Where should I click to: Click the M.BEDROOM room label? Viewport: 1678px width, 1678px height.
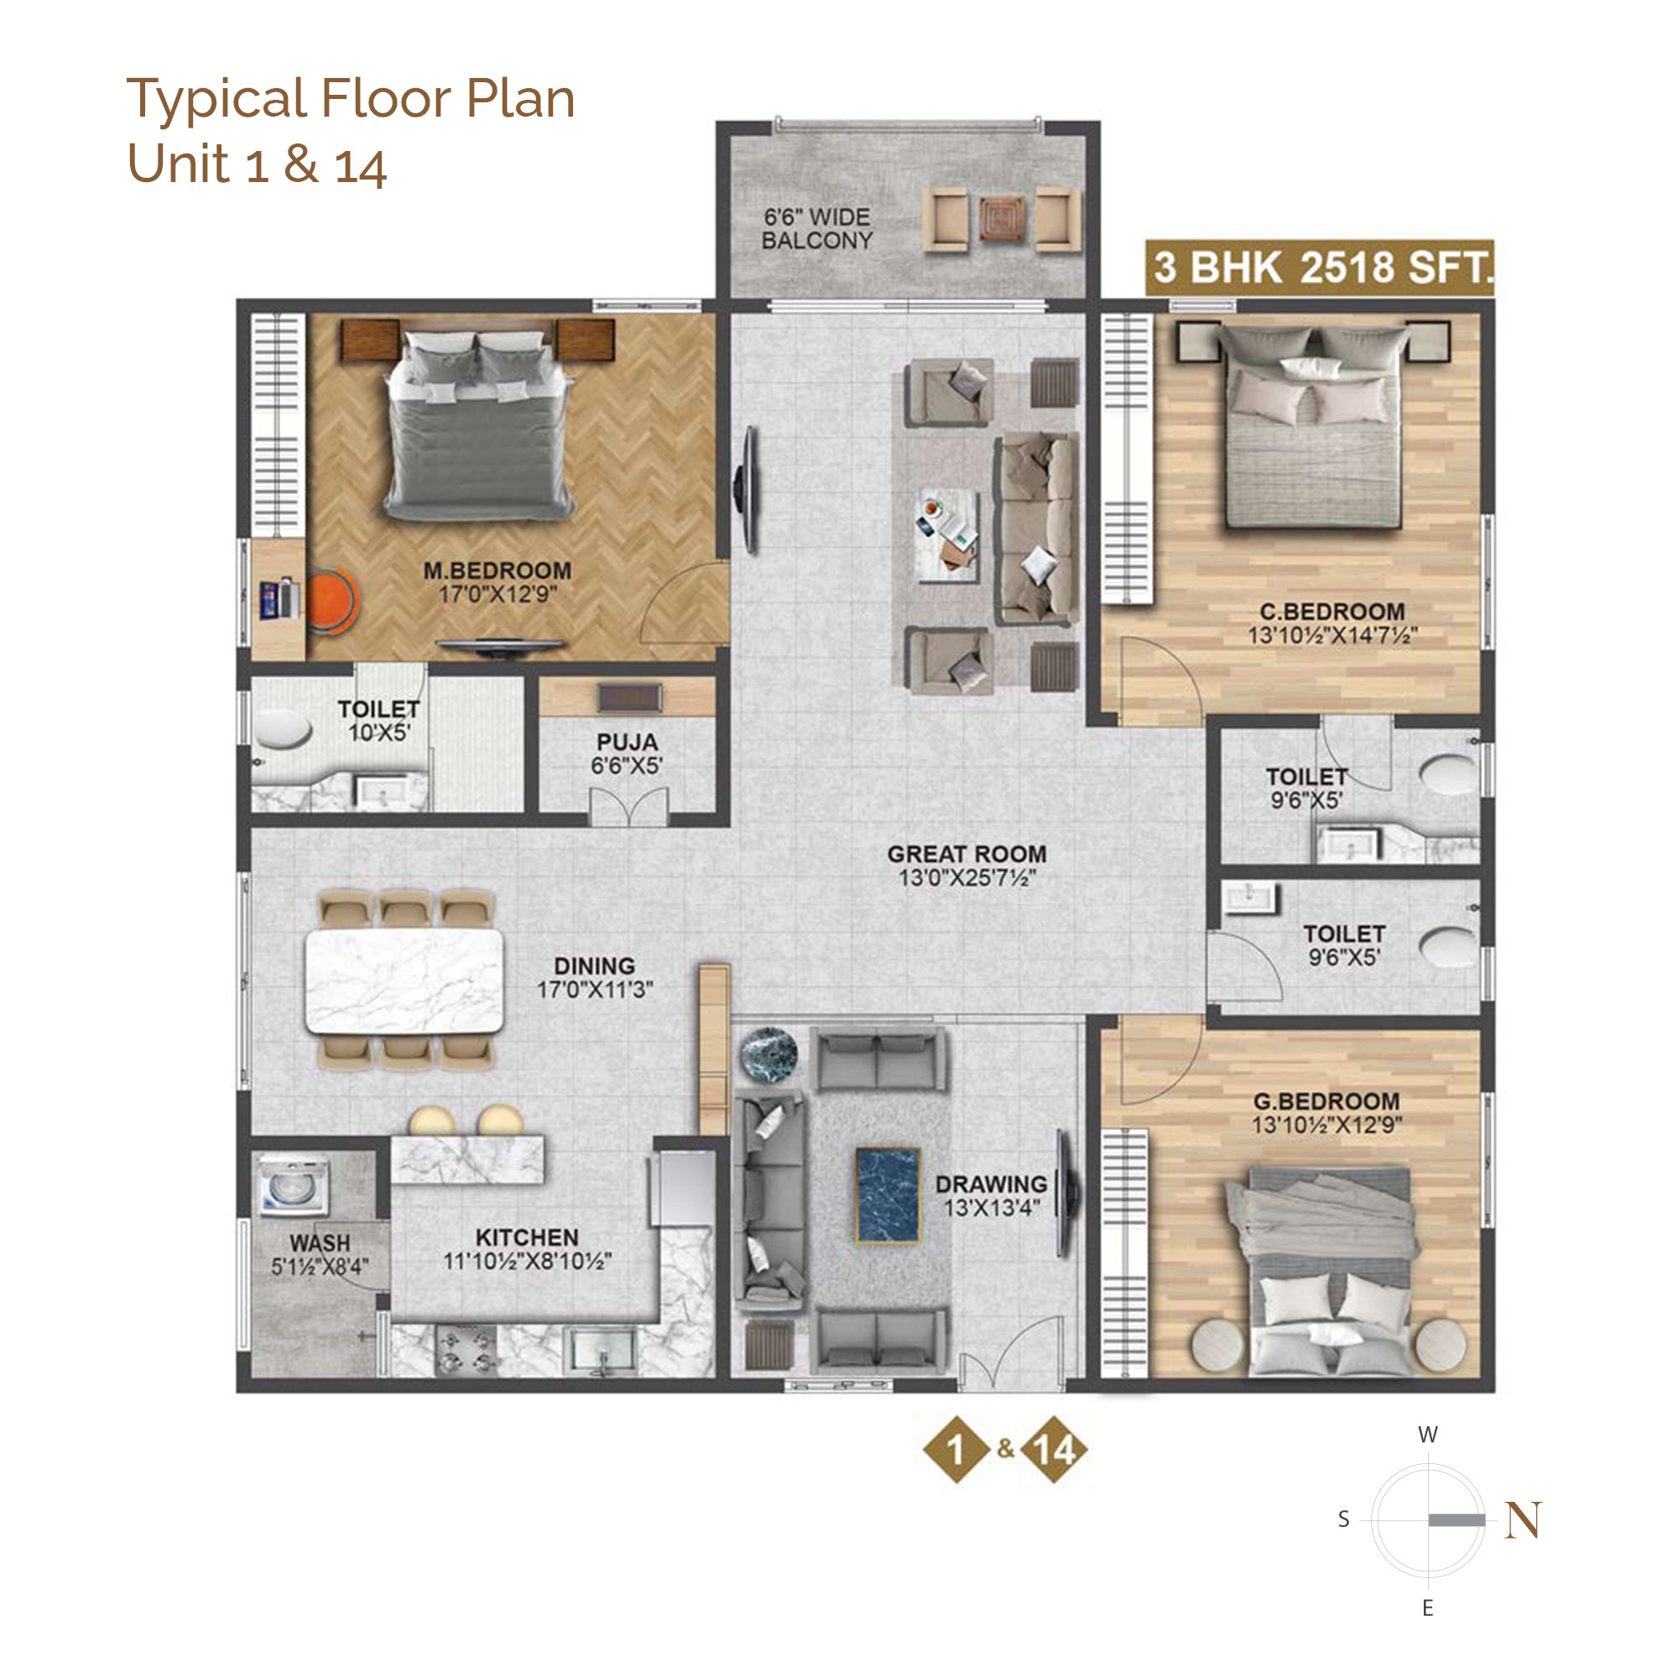pos(497,571)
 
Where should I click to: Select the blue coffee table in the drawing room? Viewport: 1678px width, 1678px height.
pos(888,1195)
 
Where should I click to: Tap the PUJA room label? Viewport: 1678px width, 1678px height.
pos(627,743)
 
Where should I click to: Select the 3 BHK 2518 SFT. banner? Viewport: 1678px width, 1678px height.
pos(1319,268)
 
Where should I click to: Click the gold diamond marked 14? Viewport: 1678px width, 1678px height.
pos(1054,1450)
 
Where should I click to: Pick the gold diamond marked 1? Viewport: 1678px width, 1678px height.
pos(956,1450)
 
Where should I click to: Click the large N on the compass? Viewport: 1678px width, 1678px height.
pos(1524,1520)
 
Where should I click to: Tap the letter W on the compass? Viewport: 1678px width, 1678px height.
pos(1428,1435)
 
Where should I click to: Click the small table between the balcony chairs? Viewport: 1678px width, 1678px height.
pos(1003,218)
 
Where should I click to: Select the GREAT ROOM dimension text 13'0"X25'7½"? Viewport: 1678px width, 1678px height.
pos(967,878)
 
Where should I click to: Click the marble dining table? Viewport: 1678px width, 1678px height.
pos(404,981)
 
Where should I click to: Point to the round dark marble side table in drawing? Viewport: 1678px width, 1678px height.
pos(769,1055)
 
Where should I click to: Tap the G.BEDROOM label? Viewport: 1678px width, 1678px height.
pos(1326,1102)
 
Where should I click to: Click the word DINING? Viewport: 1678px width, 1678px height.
pos(594,966)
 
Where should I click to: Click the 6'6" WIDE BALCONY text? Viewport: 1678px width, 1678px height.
pos(816,229)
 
